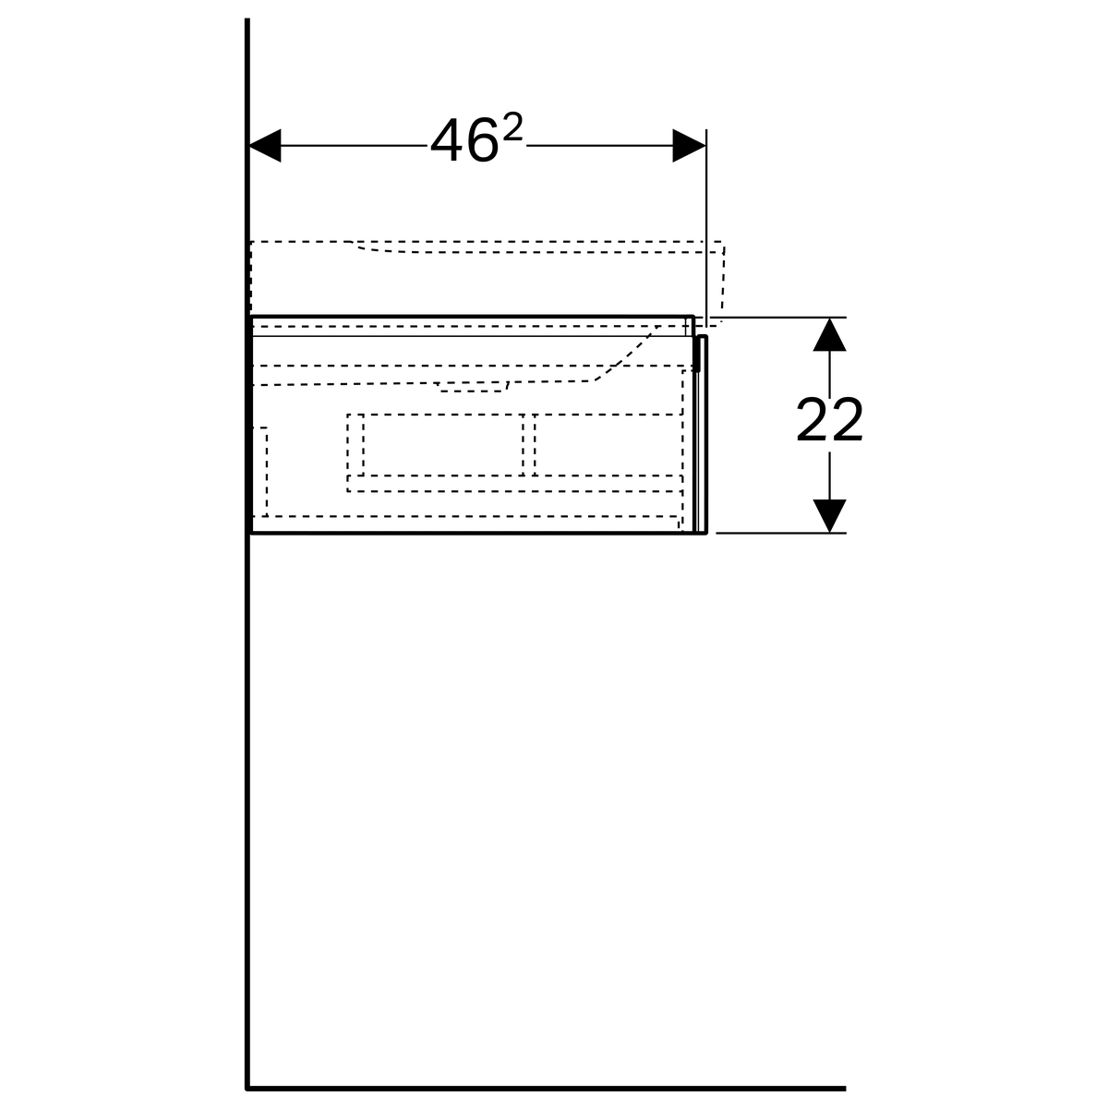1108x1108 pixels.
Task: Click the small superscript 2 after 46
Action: coord(512,126)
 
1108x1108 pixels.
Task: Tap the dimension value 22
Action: coord(829,420)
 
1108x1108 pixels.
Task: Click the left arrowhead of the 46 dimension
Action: coord(265,146)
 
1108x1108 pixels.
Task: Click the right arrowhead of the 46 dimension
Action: coord(689,146)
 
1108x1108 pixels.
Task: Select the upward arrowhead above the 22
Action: coord(829,334)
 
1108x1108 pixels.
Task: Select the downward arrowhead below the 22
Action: coord(829,516)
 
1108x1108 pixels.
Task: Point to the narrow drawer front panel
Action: coord(701,434)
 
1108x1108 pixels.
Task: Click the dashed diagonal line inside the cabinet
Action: coord(628,354)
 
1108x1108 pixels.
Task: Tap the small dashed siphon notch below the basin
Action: coord(473,387)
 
